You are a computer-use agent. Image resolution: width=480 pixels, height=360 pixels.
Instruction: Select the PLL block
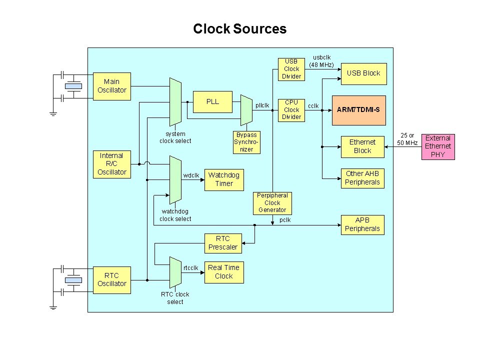tap(212, 101)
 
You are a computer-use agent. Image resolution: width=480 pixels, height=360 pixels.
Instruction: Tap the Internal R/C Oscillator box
tap(111, 163)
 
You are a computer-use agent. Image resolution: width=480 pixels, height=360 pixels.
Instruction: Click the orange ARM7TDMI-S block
tap(358, 110)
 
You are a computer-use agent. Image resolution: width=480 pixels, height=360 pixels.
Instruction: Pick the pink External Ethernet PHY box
tap(437, 146)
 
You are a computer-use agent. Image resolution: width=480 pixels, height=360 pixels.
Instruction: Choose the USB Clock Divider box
tap(291, 69)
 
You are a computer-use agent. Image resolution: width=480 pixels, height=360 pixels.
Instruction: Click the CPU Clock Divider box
tap(291, 109)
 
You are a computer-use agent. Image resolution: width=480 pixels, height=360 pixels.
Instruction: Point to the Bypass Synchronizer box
tap(247, 142)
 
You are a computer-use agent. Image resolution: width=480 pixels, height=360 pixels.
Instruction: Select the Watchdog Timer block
tap(224, 179)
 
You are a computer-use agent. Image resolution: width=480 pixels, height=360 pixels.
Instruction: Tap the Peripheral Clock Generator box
tap(272, 203)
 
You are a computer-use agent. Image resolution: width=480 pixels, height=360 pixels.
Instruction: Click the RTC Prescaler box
tap(222, 243)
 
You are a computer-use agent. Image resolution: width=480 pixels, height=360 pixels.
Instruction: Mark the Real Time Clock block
tap(223, 271)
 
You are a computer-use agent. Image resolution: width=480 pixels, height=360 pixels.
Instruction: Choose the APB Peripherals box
tap(362, 224)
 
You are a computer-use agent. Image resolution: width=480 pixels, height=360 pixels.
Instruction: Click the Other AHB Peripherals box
tap(362, 177)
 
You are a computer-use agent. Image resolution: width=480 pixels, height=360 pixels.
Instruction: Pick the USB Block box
tap(363, 73)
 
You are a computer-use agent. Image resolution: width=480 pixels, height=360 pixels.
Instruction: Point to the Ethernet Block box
tap(362, 146)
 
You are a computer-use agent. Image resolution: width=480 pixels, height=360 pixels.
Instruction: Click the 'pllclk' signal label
tap(262, 105)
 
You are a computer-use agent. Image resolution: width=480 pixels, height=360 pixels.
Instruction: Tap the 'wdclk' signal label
tap(191, 175)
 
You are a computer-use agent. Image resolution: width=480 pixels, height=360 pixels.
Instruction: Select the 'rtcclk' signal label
tap(192, 267)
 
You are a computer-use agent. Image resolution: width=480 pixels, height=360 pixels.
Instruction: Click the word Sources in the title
tap(259, 29)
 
